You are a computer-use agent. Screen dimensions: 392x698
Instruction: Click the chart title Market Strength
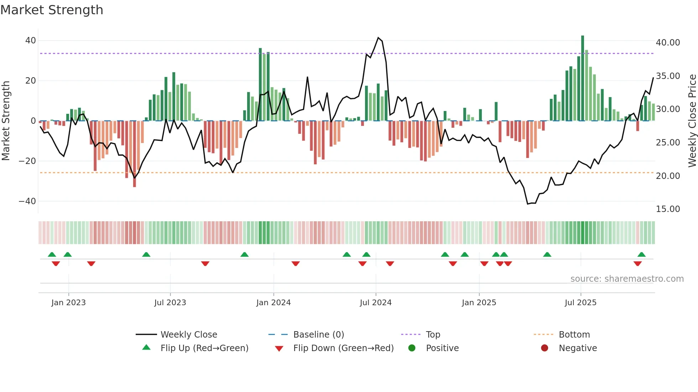[52, 10]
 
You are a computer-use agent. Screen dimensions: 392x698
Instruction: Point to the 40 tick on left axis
[31, 41]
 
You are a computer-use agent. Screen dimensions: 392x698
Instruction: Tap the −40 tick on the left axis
[27, 201]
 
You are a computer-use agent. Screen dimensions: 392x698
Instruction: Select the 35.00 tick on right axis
[668, 76]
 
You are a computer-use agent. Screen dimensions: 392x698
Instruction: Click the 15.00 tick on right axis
[668, 209]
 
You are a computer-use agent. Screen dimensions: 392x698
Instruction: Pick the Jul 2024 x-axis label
[376, 303]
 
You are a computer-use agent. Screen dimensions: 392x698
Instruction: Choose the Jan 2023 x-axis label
[68, 303]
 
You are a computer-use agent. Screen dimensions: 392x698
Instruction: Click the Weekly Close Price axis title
[692, 121]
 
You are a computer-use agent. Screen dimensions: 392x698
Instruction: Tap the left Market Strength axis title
[6, 121]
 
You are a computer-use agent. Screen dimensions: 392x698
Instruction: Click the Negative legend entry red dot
[545, 348]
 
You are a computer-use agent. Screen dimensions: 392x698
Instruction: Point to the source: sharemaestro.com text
[627, 279]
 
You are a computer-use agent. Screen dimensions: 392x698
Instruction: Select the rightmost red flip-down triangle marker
[637, 264]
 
